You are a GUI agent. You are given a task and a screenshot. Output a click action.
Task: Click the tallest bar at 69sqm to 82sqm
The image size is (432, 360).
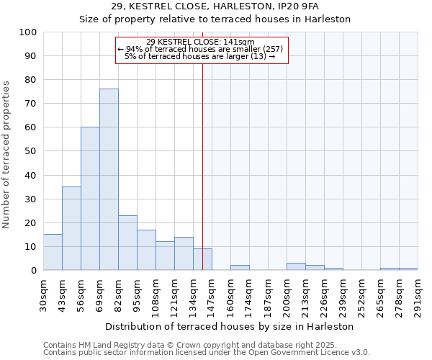coord(109,179)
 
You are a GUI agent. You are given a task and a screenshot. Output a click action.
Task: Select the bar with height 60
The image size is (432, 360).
coord(90,199)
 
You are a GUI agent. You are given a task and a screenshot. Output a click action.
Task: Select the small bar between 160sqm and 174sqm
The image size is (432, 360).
coord(240,268)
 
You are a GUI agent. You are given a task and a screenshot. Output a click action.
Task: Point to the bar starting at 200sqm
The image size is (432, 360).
coord(296,266)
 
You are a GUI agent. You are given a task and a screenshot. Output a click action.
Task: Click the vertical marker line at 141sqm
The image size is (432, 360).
coord(202,166)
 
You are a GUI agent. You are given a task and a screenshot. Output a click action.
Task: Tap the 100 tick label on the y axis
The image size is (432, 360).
coord(28,32)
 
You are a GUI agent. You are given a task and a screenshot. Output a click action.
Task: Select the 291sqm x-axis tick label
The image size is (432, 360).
coord(418,295)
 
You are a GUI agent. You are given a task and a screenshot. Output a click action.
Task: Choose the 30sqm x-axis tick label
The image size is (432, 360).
coord(44,295)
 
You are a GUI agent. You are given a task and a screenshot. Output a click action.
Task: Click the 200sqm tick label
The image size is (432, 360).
coord(287,295)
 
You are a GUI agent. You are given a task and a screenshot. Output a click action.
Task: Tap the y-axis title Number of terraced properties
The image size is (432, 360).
coord(6,155)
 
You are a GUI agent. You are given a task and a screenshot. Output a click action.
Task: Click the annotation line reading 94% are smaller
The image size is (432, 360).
coord(200,49)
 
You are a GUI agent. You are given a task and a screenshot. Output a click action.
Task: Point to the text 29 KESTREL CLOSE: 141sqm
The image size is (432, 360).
coord(200,42)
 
